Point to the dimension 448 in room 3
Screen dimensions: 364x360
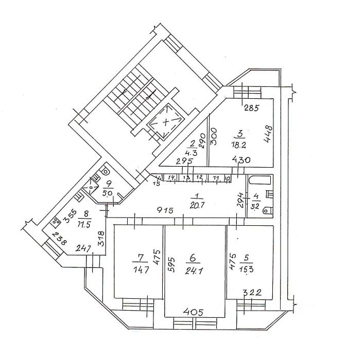(268, 135)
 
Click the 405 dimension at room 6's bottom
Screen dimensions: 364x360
(194, 312)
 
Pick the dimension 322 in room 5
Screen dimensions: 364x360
(253, 293)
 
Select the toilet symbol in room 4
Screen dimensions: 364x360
(268, 210)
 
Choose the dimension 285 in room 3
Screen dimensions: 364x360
(251, 108)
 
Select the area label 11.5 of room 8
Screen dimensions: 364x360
(86, 225)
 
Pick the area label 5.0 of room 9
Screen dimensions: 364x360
(108, 193)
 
